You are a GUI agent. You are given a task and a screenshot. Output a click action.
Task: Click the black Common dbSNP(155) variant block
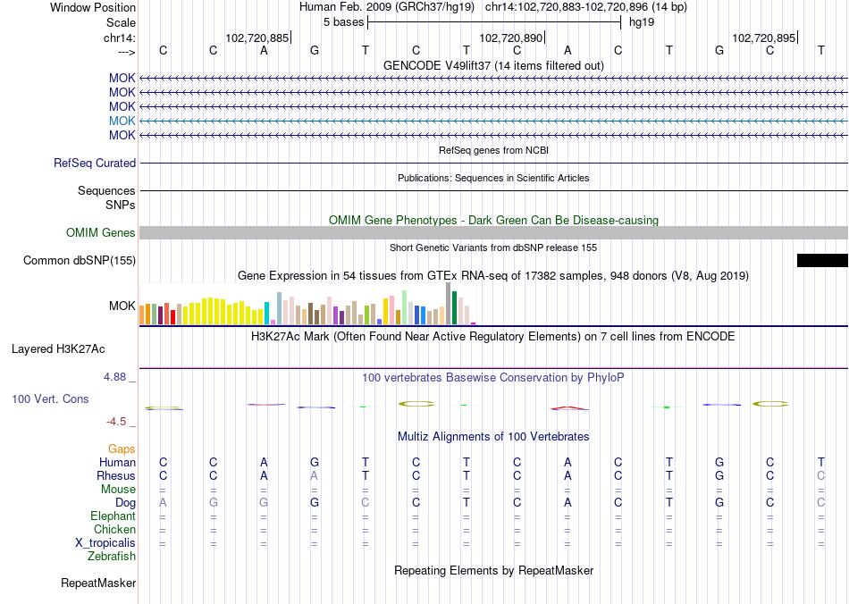point(822,260)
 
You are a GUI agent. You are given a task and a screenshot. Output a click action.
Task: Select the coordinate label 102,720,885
point(257,38)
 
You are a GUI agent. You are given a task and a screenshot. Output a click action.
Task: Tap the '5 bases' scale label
point(343,22)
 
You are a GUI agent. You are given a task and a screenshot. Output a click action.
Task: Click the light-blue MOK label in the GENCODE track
point(122,121)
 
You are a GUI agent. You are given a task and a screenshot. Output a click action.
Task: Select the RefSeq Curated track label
point(95,164)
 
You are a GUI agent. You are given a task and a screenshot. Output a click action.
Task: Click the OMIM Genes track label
point(101,233)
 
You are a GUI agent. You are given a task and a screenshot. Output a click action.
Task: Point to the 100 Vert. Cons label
point(51,398)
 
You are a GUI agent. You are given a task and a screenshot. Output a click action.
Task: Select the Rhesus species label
point(116,476)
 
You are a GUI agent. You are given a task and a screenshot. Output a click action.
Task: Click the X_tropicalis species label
point(105,543)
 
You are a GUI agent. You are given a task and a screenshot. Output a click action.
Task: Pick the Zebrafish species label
point(112,557)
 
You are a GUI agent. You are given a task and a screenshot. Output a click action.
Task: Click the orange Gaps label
point(122,449)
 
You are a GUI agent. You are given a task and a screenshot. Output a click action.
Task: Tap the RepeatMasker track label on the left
point(98,583)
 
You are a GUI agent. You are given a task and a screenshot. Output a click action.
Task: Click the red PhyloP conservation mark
point(568,408)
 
